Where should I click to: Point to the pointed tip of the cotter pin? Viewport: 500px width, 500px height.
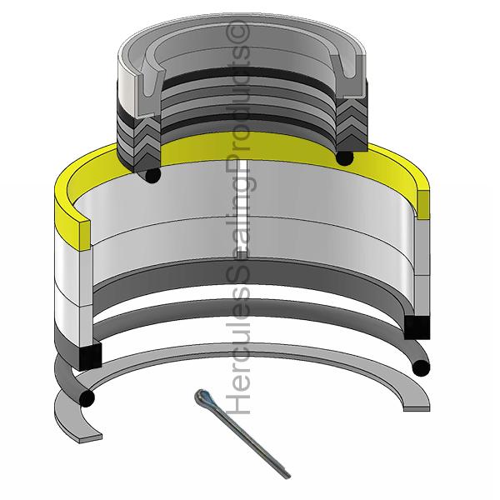[x=288, y=477]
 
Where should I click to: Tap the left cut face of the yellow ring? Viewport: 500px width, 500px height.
[x=84, y=235]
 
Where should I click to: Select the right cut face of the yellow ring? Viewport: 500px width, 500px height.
[x=423, y=205]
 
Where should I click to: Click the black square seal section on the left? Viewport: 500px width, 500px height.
[x=90, y=356]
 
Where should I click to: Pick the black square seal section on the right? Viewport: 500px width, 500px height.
[x=417, y=327]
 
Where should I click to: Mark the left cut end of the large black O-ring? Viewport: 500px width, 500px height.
[x=86, y=398]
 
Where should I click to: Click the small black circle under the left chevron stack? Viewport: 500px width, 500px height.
[x=152, y=175]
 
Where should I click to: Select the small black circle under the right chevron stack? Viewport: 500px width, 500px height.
[x=344, y=157]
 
